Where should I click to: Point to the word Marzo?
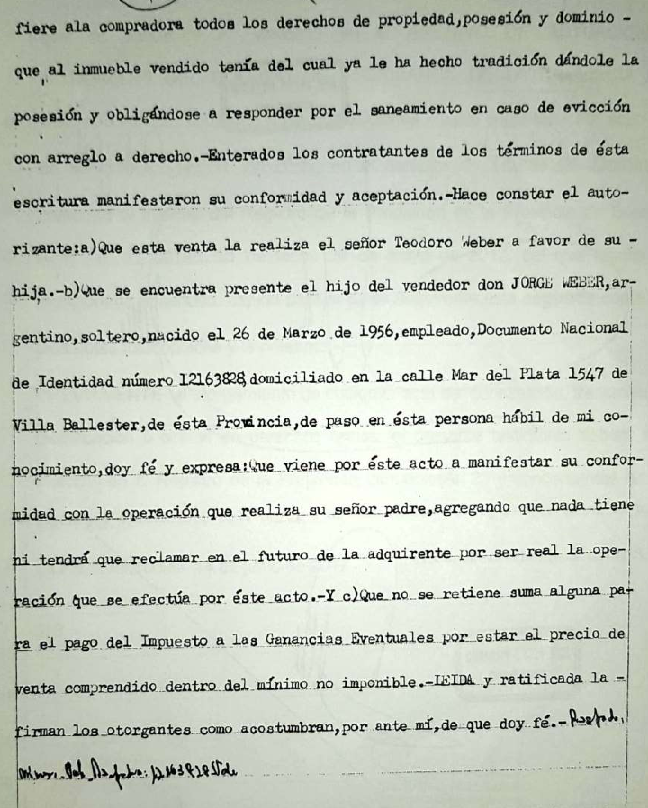(x=303, y=334)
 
